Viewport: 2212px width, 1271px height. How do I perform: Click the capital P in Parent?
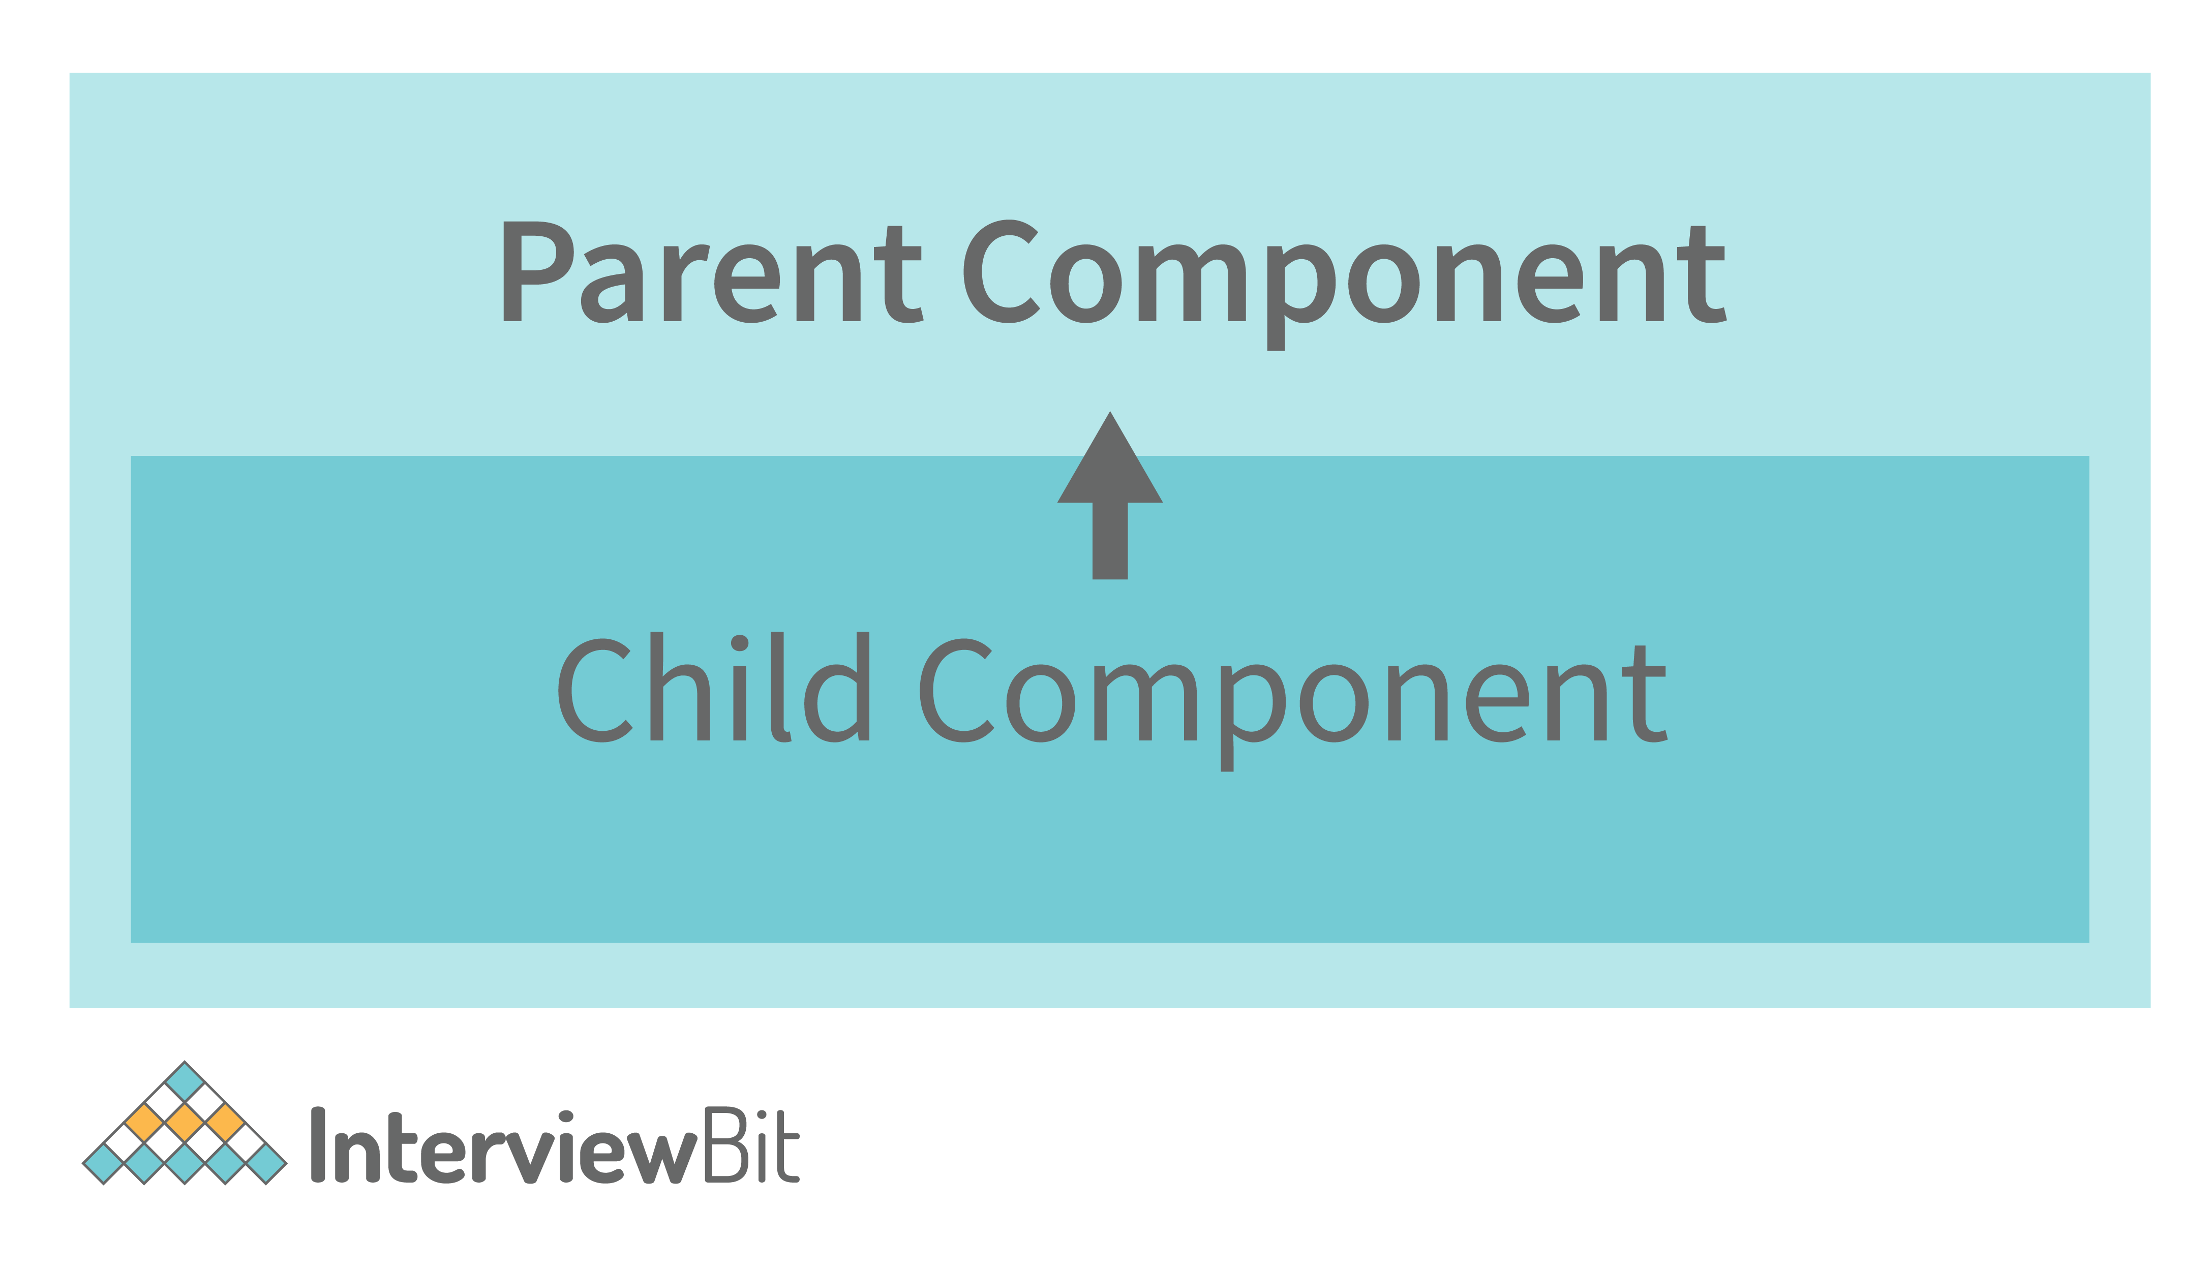coord(538,271)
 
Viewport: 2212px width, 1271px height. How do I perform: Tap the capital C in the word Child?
coord(595,691)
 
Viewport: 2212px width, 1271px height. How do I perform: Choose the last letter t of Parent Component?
coord(1702,274)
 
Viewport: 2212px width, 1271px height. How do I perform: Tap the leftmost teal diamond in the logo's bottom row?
coord(103,1164)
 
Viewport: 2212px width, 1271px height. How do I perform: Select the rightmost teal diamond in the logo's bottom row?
coord(266,1164)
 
